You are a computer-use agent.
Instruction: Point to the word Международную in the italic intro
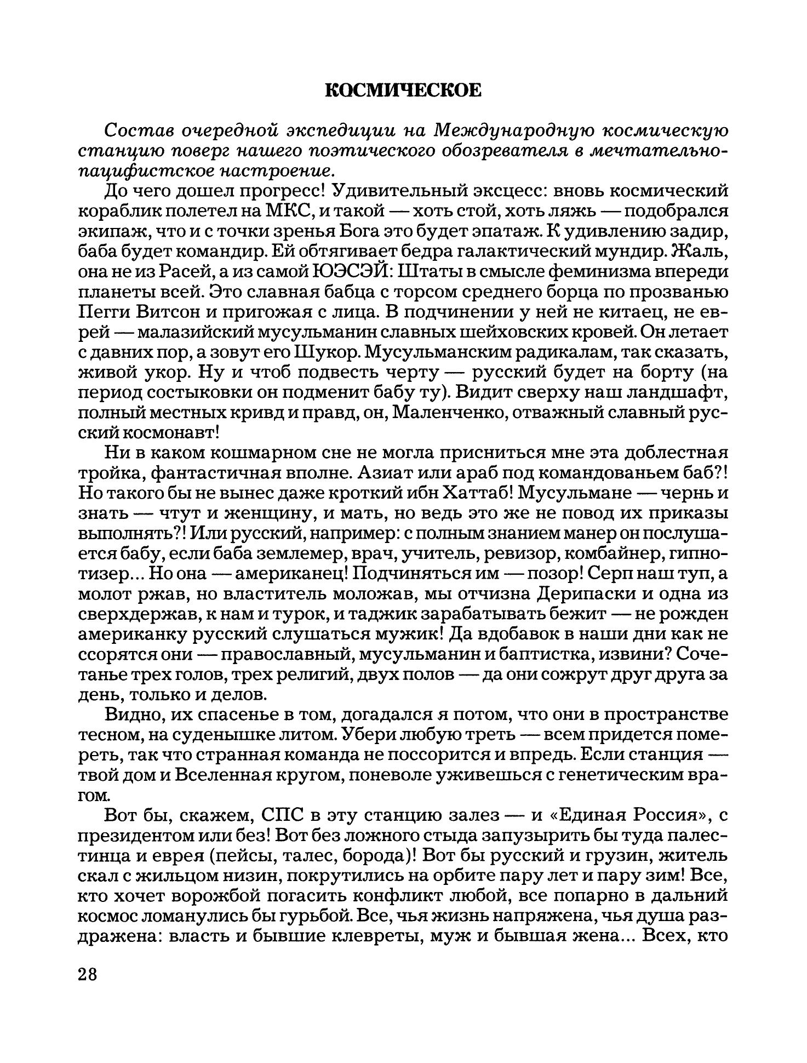pos(516,131)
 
